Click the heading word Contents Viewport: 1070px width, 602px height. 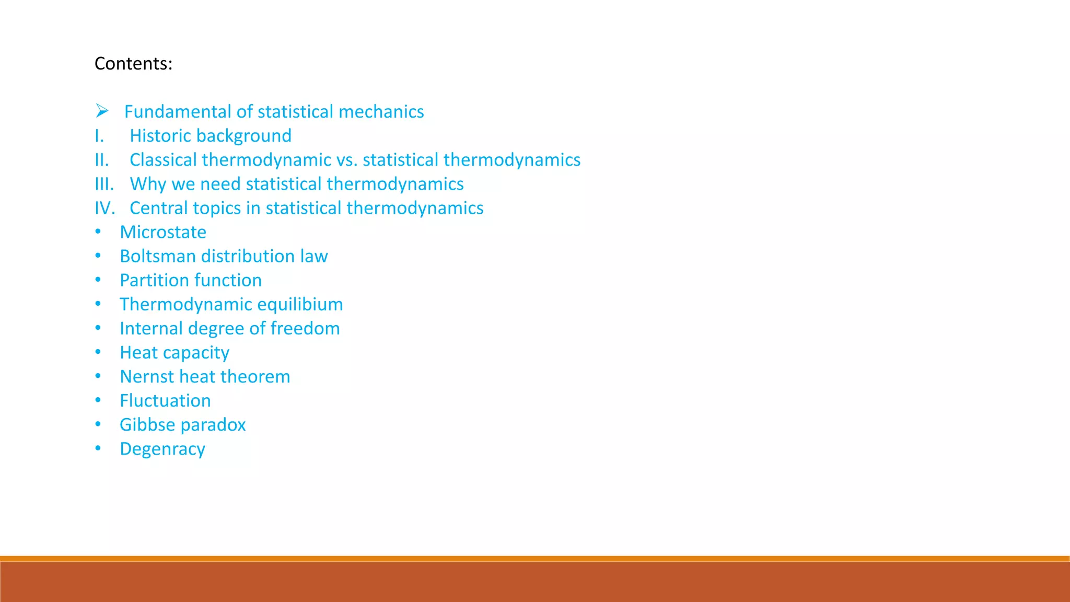133,64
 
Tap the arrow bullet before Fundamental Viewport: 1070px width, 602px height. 102,111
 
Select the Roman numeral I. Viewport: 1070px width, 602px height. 99,136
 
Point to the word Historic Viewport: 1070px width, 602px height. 161,136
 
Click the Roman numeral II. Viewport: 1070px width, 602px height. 102,160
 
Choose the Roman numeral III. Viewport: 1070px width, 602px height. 104,184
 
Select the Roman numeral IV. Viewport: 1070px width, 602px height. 104,208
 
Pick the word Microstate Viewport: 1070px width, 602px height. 163,232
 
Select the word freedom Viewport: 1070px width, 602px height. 305,328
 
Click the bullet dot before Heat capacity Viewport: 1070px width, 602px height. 98,352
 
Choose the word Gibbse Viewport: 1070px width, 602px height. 147,424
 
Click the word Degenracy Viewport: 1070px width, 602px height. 162,449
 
